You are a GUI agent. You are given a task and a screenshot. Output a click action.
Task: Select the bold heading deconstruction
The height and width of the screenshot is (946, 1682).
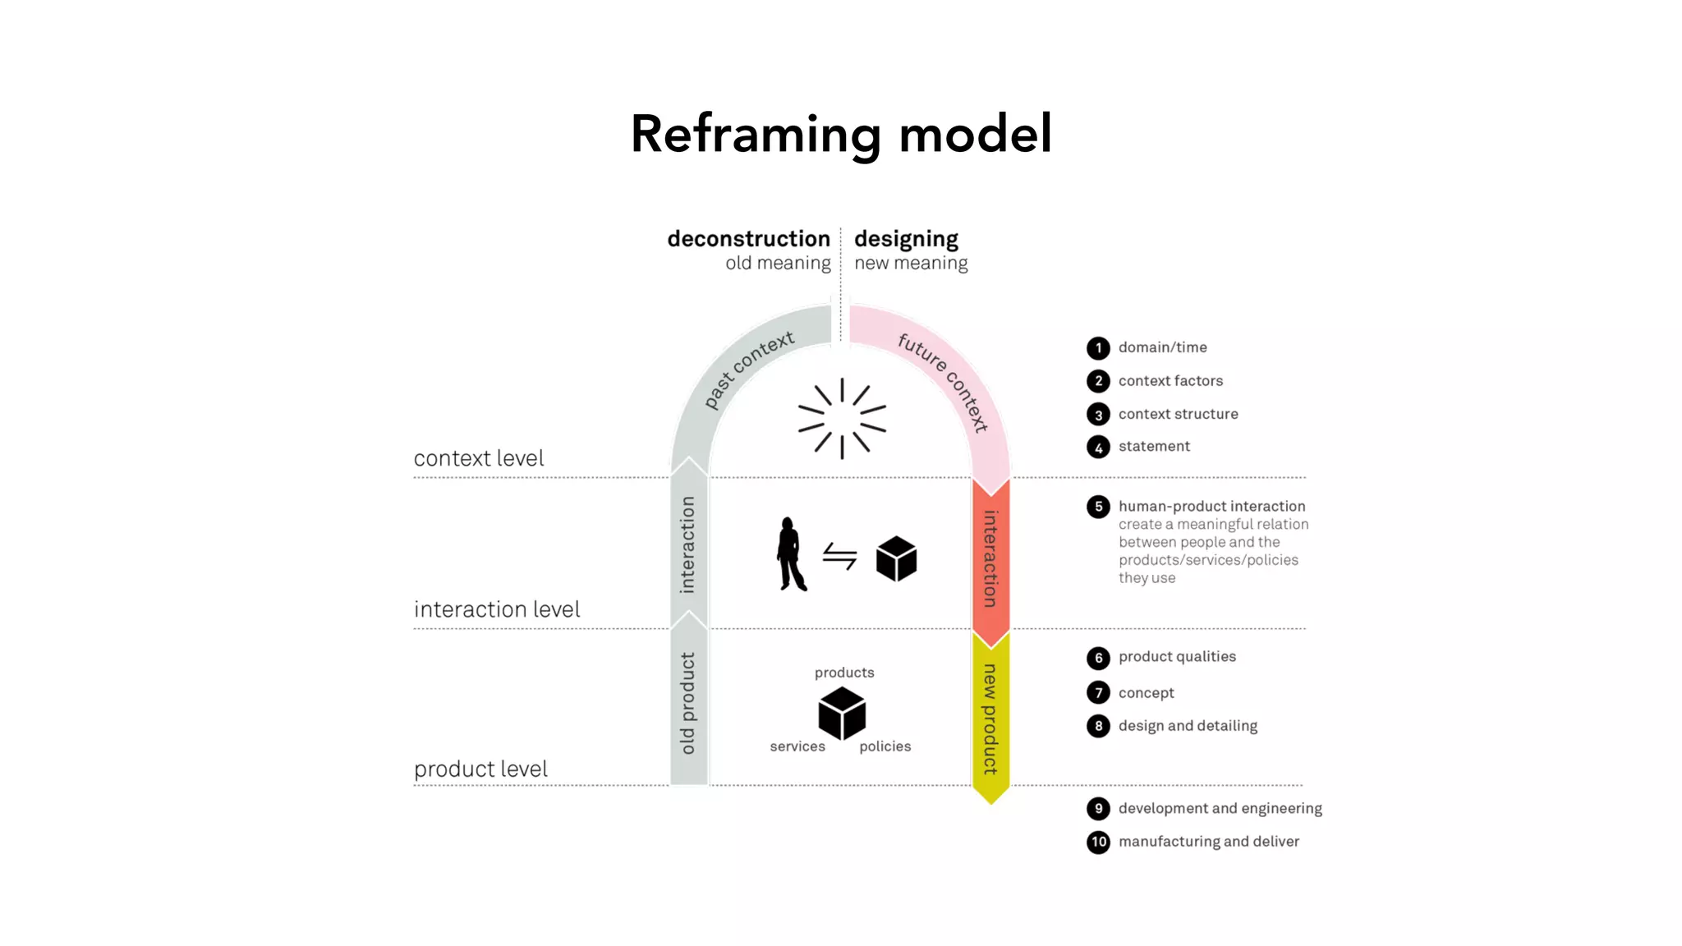(x=748, y=239)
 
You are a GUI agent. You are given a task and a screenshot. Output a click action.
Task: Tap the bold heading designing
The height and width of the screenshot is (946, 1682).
(x=906, y=239)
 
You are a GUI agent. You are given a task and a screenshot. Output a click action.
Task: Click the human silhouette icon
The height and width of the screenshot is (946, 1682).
(x=791, y=554)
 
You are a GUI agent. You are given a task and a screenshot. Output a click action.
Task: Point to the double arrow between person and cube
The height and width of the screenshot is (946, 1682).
(x=839, y=557)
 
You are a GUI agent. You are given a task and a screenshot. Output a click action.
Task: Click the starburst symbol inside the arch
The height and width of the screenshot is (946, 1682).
(x=842, y=418)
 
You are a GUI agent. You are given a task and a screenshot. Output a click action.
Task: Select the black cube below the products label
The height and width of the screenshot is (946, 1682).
(x=842, y=713)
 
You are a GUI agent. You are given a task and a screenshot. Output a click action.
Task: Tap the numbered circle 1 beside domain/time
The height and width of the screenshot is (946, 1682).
(x=1098, y=348)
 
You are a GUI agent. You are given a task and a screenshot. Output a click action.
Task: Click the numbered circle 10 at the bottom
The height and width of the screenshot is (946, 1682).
(x=1098, y=842)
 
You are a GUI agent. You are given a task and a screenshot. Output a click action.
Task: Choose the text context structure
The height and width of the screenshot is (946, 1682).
(x=1178, y=414)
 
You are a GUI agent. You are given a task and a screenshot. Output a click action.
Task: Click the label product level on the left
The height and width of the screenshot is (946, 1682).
(x=480, y=769)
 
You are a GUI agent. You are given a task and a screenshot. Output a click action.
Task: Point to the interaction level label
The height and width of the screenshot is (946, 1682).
(x=497, y=609)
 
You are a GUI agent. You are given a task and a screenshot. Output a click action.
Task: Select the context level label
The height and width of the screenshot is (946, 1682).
(x=479, y=458)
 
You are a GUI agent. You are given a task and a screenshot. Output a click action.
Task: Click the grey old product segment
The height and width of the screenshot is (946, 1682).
(x=688, y=705)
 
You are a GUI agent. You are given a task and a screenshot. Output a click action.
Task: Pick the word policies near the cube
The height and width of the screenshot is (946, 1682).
(x=885, y=746)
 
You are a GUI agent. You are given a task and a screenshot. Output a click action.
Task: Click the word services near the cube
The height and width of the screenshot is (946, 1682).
(x=797, y=746)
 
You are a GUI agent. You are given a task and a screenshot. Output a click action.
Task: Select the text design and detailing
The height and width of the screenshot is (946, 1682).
(x=1188, y=726)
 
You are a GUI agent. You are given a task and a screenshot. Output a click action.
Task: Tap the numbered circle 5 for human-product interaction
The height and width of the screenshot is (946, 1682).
(x=1098, y=507)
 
